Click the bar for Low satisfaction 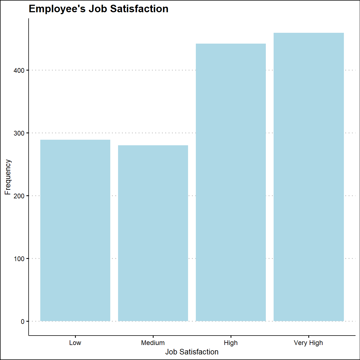coord(75,231)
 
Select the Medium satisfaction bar coord(153,233)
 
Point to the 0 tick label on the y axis coord(23,322)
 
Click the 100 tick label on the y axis coord(19,259)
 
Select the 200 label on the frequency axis coord(19,196)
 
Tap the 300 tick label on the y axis coord(19,133)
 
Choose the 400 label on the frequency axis coord(19,71)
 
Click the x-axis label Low coord(75,343)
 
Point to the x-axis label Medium coord(153,343)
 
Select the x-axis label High coord(231,343)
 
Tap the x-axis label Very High coord(309,343)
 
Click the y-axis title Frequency coord(8,177)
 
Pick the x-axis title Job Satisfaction coord(192,352)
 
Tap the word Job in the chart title coord(97,9)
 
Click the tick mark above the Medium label coord(153,337)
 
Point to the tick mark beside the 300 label coord(27,133)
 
